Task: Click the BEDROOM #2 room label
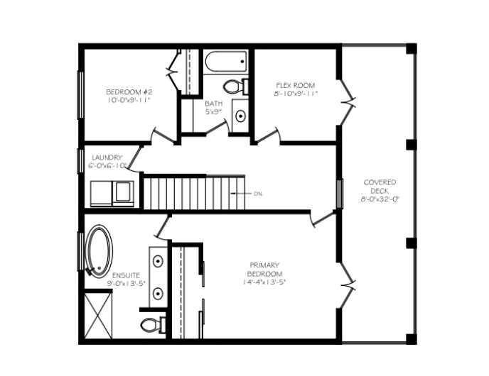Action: (x=129, y=92)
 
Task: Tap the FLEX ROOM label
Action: (x=295, y=85)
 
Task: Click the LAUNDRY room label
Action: (x=107, y=157)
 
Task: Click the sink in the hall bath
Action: (x=240, y=115)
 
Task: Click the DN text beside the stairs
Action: (x=258, y=193)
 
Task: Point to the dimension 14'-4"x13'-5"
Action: (x=264, y=282)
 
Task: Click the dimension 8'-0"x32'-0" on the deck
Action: (x=380, y=199)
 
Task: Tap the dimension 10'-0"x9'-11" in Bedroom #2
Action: (x=129, y=101)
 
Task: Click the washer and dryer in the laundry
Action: (x=112, y=192)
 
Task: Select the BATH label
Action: (x=214, y=104)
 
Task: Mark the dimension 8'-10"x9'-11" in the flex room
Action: (x=295, y=94)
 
